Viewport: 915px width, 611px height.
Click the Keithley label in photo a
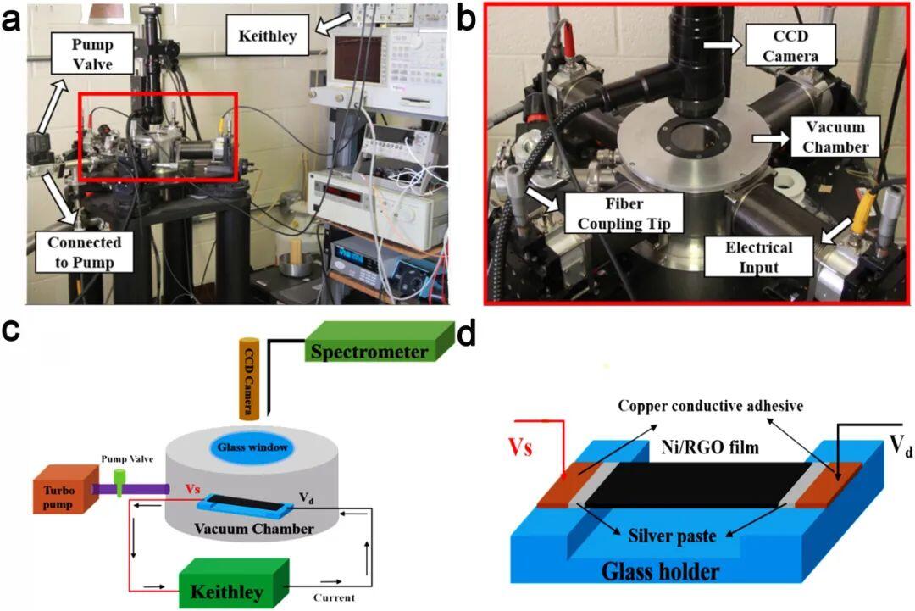pyautogui.click(x=267, y=36)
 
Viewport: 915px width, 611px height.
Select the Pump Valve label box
pyautogui.click(x=92, y=53)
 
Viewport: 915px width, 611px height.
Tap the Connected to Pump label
pyautogui.click(x=84, y=252)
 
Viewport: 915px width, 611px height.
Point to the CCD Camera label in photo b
pyautogui.click(x=790, y=46)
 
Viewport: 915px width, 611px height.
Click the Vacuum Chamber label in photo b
pyautogui.click(x=835, y=136)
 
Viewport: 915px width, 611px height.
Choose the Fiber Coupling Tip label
pyautogui.click(x=624, y=213)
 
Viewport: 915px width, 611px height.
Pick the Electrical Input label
pyautogui.click(x=758, y=257)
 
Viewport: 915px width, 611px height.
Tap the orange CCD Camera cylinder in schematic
pyautogui.click(x=249, y=378)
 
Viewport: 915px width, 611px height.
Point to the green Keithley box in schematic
pyautogui.click(x=234, y=584)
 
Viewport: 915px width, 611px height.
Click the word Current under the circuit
pyautogui.click(x=334, y=597)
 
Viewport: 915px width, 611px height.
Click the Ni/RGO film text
pyautogui.click(x=710, y=447)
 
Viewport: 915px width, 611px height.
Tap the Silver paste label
pyautogui.click(x=672, y=536)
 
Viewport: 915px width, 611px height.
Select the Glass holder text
pyautogui.click(x=660, y=570)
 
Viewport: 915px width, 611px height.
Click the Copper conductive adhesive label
pyautogui.click(x=710, y=406)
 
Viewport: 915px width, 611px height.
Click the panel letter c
pyautogui.click(x=11, y=330)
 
